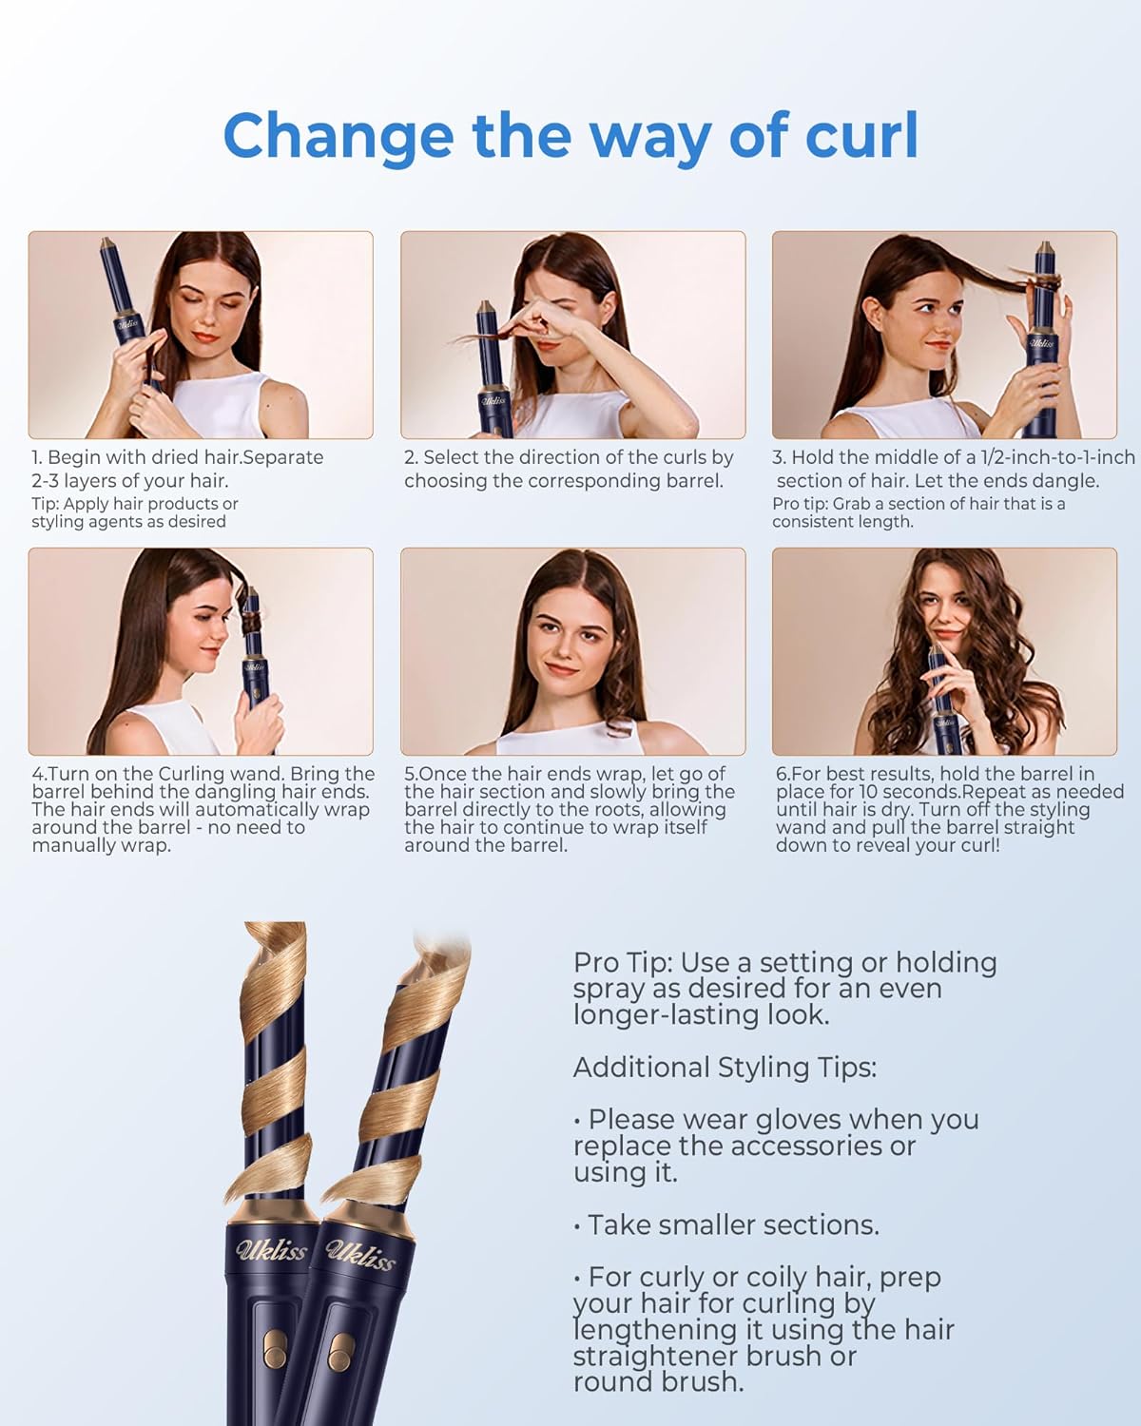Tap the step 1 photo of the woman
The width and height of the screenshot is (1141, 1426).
coord(201,335)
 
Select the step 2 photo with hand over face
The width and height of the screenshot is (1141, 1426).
coord(572,335)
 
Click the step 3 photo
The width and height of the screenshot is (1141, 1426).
coord(944,335)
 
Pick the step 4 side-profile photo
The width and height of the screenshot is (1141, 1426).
coord(201,651)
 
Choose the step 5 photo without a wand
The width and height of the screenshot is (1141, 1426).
coord(572,651)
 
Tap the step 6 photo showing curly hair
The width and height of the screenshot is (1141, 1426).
coord(944,651)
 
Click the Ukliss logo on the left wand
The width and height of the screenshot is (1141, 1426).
coord(272,1248)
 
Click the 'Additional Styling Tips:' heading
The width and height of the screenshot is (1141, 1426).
coord(725,1068)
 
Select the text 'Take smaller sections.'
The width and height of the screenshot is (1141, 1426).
coord(733,1225)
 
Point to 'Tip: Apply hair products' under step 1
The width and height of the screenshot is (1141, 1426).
coord(134,504)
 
